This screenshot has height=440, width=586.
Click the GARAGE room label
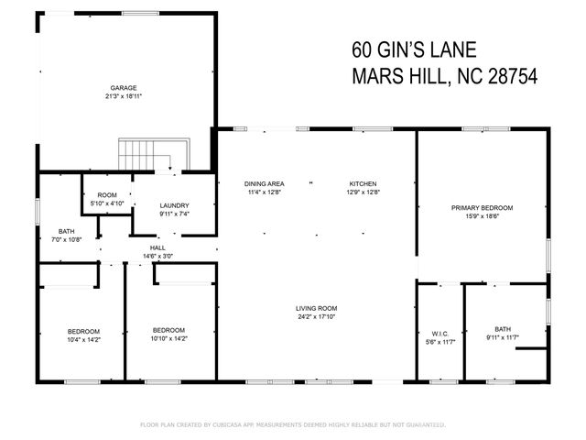coord(124,88)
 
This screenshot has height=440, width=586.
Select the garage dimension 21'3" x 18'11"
coord(124,96)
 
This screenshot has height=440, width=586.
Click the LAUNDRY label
coord(174,205)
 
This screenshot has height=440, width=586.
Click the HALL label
coord(157,247)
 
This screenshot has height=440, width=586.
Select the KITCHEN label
coord(363,184)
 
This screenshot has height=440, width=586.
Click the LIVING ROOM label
coord(317,308)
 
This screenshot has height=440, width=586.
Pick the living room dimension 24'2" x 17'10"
coord(317,317)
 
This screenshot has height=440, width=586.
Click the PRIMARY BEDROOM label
coord(482,208)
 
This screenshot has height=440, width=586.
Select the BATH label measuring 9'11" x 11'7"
coord(503,329)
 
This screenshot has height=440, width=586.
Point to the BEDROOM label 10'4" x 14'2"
coord(83,331)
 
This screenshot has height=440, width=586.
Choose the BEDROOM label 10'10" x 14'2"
coord(168,330)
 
